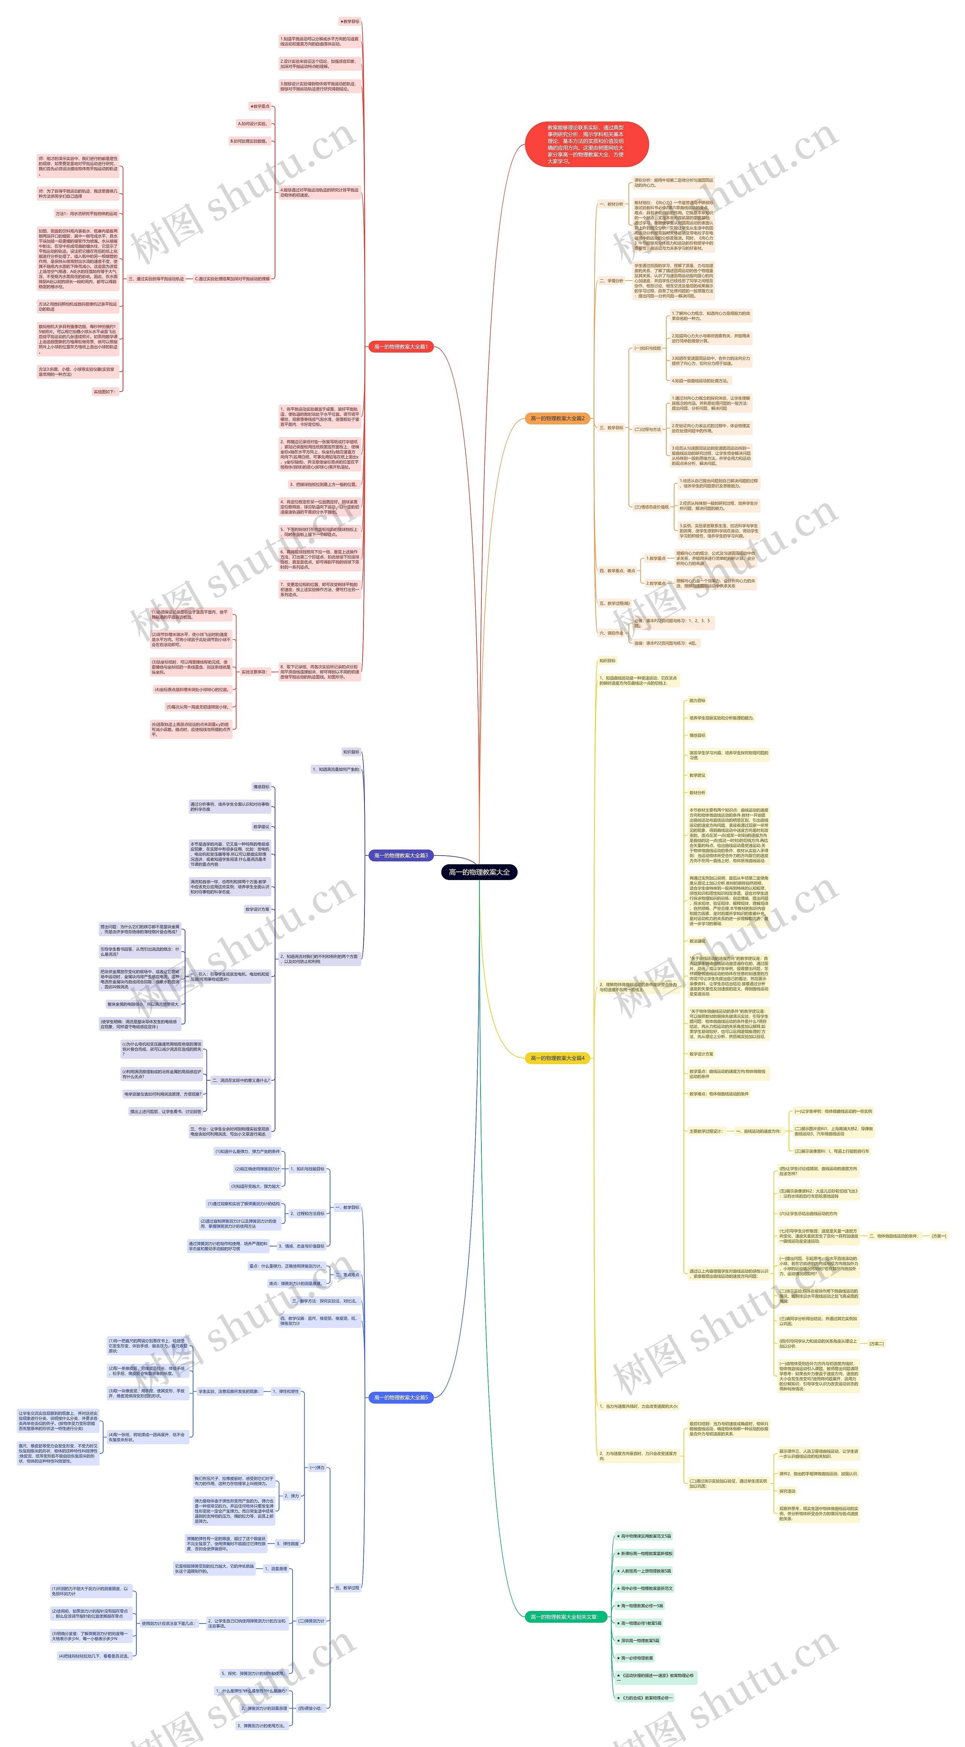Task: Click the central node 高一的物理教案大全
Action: [x=479, y=871]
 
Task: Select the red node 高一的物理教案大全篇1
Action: [x=401, y=346]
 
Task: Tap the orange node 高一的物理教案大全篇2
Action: [x=557, y=418]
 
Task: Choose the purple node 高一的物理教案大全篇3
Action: [x=401, y=855]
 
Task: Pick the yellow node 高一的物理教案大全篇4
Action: [x=557, y=1057]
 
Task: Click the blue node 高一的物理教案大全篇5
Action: [x=401, y=1378]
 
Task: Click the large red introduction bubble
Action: [x=587, y=144]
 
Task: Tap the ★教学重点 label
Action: [x=260, y=106]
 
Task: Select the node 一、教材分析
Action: [x=611, y=204]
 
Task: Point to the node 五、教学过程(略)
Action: [x=614, y=603]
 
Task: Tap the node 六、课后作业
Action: [x=611, y=633]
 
